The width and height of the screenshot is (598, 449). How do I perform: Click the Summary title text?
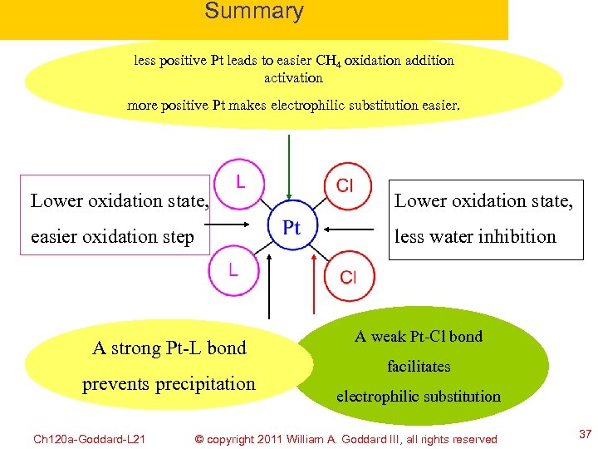[x=253, y=12]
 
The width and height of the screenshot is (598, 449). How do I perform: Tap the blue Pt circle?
[x=291, y=227]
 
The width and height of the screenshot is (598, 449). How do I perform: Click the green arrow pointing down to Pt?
[x=289, y=166]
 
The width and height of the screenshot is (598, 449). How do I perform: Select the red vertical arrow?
[x=313, y=287]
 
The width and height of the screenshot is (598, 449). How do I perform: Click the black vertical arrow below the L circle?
[x=267, y=287]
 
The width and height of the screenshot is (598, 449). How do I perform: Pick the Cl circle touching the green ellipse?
[x=348, y=276]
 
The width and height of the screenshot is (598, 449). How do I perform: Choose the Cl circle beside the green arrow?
[x=344, y=185]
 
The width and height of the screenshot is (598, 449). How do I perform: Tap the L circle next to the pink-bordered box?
[x=239, y=181]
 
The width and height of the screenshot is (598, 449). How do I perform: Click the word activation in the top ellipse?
[x=293, y=78]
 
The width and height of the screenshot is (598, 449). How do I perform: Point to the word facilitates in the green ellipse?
[x=419, y=367]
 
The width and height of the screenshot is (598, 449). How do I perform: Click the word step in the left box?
[x=175, y=238]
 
